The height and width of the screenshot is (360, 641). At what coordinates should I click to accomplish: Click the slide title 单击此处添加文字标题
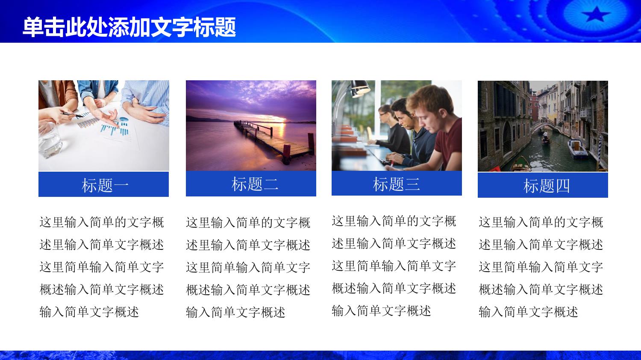(x=129, y=27)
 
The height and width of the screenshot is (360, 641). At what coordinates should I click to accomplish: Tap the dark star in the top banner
(x=596, y=14)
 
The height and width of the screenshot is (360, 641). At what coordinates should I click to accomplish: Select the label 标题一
(x=105, y=185)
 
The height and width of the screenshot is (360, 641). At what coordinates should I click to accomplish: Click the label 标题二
(x=255, y=184)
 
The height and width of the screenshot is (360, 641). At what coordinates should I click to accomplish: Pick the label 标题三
(x=396, y=184)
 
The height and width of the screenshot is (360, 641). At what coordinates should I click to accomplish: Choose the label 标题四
(x=546, y=186)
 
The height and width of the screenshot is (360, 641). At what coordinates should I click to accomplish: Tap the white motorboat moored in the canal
(x=577, y=149)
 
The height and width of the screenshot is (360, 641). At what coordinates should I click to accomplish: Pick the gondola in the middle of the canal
(x=546, y=140)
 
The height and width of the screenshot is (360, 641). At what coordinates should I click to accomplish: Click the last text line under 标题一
(x=89, y=312)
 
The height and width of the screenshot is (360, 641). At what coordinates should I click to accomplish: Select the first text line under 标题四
(x=541, y=222)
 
